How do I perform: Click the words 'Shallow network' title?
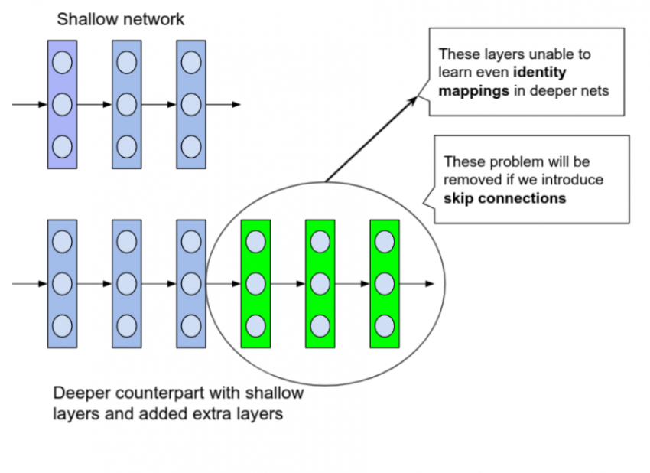click(120, 19)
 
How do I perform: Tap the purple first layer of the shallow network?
click(62, 104)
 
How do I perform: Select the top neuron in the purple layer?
click(62, 62)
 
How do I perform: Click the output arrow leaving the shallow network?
click(225, 104)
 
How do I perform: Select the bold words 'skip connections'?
click(505, 198)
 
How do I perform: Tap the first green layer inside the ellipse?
click(255, 283)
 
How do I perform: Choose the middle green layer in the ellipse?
click(320, 283)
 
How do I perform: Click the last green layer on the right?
click(385, 283)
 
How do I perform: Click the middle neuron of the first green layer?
click(255, 283)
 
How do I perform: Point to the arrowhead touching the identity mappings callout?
click(417, 98)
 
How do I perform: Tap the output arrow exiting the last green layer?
click(418, 283)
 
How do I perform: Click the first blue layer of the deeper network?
click(62, 283)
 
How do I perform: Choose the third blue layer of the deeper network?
click(190, 283)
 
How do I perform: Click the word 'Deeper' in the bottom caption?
click(79, 393)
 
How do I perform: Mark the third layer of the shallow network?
click(190, 104)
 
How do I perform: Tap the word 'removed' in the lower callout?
click(470, 181)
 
